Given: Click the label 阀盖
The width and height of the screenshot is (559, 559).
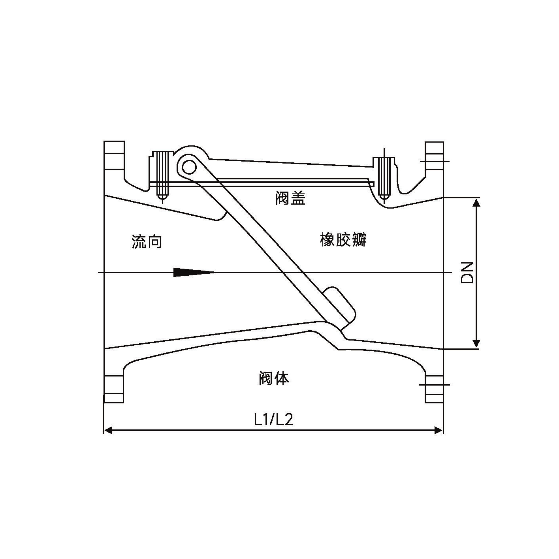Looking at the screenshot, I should tap(290, 198).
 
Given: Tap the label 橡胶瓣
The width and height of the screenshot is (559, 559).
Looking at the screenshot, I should tap(343, 240).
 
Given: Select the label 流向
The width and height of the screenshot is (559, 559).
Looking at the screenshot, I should tap(147, 241).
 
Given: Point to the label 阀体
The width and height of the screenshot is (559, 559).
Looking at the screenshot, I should tap(274, 378).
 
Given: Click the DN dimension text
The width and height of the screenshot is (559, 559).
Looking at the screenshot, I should tap(467, 272).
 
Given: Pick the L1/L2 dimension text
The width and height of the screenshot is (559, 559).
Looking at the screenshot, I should tap(273, 420).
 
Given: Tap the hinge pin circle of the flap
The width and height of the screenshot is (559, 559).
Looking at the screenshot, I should tap(189, 168).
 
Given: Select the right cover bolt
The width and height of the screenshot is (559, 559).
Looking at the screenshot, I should tap(384, 177).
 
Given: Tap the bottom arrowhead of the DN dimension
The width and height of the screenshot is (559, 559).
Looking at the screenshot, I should tap(477, 343).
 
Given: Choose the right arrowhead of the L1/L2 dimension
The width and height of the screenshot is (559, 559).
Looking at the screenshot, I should tap(439, 430).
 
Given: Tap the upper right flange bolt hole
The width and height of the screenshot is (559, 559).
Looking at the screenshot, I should tap(434, 161).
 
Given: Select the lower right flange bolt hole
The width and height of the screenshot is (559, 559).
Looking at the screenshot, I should tap(434, 384).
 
